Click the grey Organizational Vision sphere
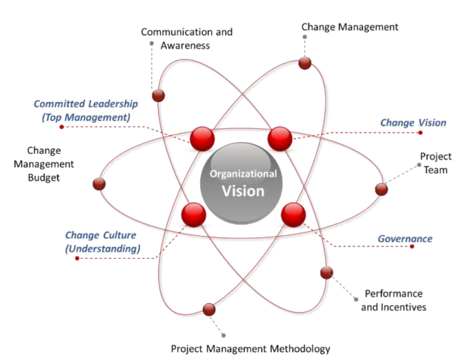(x=243, y=183)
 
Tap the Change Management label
(x=349, y=27)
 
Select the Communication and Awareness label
(x=186, y=38)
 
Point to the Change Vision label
(x=413, y=122)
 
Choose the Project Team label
(x=435, y=163)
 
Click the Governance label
(x=405, y=239)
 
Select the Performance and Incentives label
(x=393, y=300)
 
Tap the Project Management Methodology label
(x=250, y=349)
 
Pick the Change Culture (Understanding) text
(x=103, y=241)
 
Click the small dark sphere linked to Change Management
(x=305, y=63)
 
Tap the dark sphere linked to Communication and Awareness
(x=158, y=96)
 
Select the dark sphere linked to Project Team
(x=381, y=189)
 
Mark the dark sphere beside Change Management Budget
(x=99, y=184)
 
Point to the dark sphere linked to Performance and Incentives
(x=326, y=273)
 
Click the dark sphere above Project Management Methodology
(x=209, y=310)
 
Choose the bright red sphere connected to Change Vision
(x=279, y=138)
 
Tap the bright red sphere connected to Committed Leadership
(x=203, y=138)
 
